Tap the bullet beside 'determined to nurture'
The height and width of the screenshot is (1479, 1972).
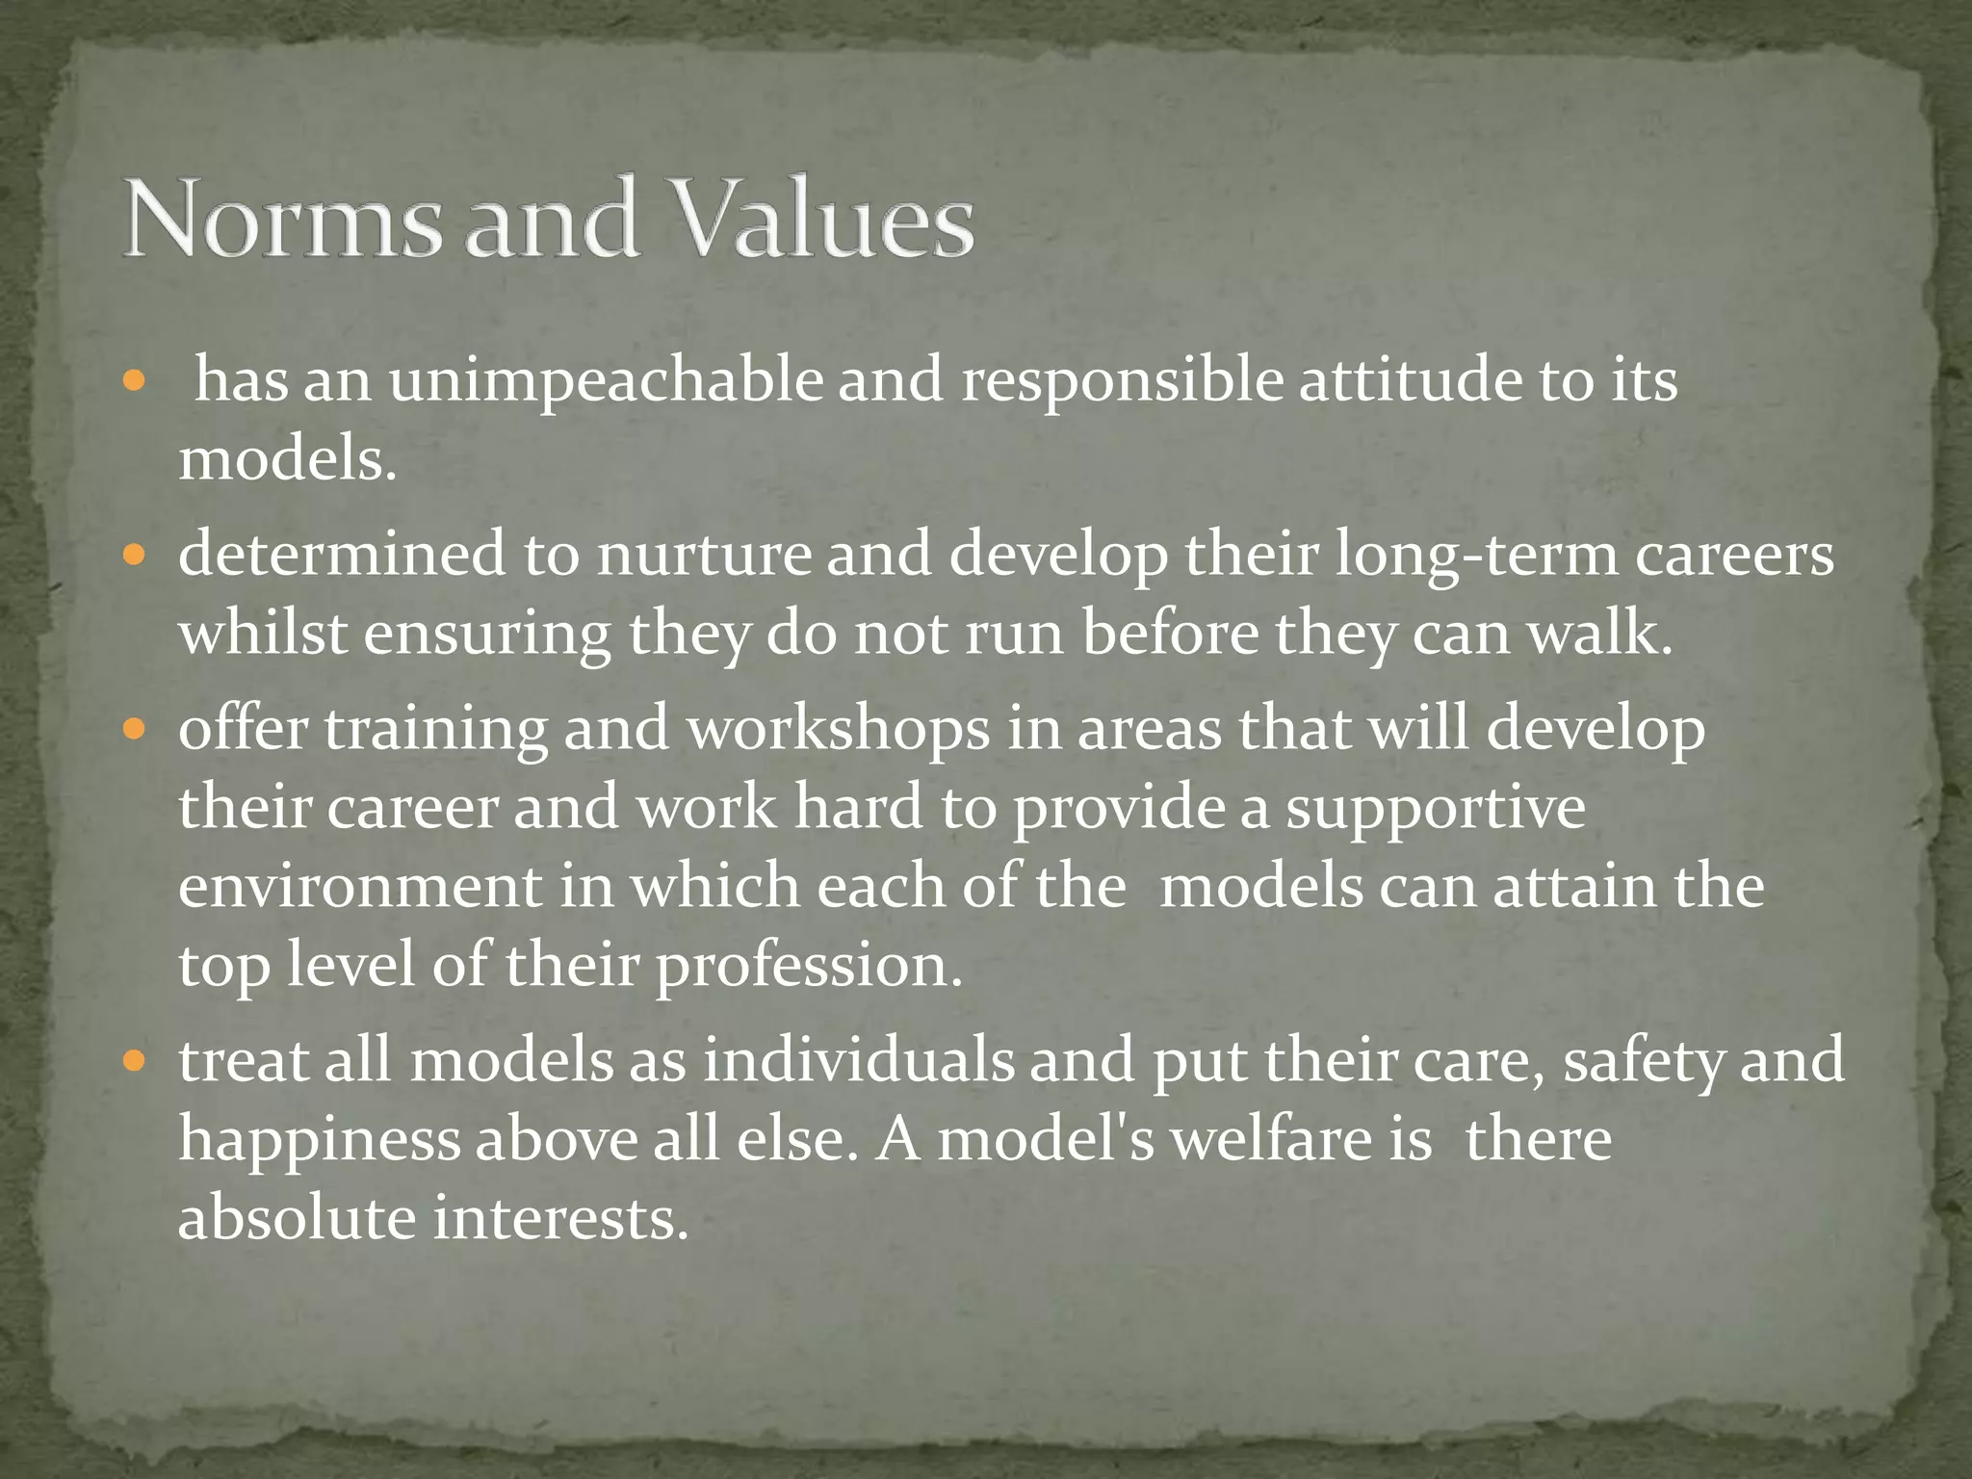tap(134, 556)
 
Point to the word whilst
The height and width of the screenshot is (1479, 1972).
tap(263, 635)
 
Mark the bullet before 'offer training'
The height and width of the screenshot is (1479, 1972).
tap(134, 729)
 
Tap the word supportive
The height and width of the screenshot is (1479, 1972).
tap(1436, 809)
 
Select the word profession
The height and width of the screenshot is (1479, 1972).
tap(809, 967)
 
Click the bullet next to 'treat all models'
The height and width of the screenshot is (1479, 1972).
tap(134, 1062)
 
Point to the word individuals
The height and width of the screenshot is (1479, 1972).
tap(858, 1061)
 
